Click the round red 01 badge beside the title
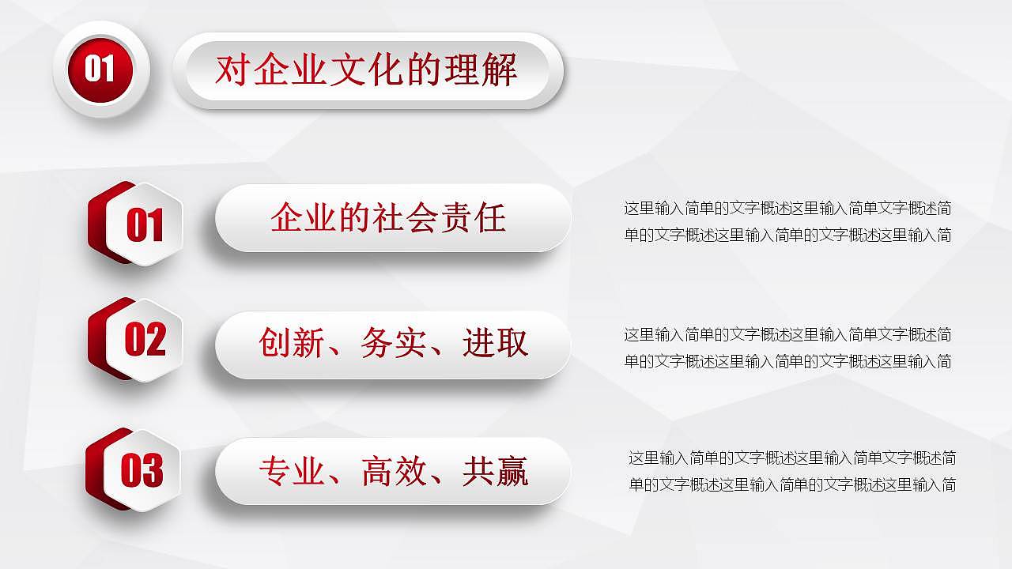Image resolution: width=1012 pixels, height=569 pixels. [100, 69]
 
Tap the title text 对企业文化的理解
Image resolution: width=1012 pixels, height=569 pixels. [366, 70]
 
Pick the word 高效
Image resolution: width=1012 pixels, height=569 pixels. [393, 471]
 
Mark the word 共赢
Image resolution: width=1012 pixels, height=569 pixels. [495, 471]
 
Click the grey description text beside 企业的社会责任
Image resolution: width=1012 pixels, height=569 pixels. [787, 222]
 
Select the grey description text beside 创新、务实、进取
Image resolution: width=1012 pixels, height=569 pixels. [787, 348]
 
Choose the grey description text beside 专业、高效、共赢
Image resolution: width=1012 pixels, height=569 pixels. [791, 471]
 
